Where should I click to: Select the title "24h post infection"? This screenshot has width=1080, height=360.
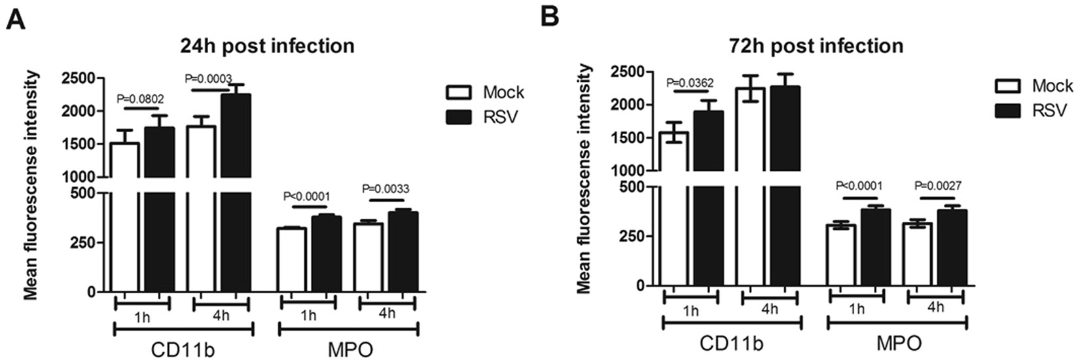tap(268, 46)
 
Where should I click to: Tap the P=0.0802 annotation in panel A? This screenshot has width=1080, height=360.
tap(141, 99)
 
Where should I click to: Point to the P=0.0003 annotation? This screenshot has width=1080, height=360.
tap(208, 78)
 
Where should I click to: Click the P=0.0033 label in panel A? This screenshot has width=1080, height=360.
tap(386, 190)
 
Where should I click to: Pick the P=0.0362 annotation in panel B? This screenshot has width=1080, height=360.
tap(690, 83)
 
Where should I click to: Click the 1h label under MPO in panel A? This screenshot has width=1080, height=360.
tap(308, 315)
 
